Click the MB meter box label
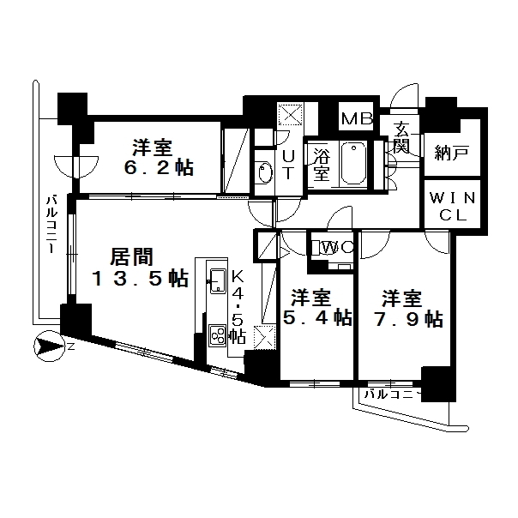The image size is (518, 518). [x=357, y=118]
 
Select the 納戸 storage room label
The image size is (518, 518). [x=452, y=153]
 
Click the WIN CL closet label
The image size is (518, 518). [x=452, y=207]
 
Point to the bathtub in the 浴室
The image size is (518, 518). [x=353, y=163]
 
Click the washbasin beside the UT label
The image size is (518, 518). [x=265, y=172]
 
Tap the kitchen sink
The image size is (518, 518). [x=218, y=280]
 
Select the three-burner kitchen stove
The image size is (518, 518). [x=217, y=335]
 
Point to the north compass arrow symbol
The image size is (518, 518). [x=50, y=346]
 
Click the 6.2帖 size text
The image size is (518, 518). [x=159, y=169]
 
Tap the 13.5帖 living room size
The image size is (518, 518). [x=140, y=279]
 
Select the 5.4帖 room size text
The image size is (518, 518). [x=317, y=318]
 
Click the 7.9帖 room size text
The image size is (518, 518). [x=408, y=319]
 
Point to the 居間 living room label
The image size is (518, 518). [x=131, y=257]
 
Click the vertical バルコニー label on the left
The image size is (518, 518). [x=51, y=225]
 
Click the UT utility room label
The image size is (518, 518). [x=288, y=165]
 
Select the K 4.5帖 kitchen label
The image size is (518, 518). [x=238, y=307]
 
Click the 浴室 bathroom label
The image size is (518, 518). [x=322, y=164]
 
